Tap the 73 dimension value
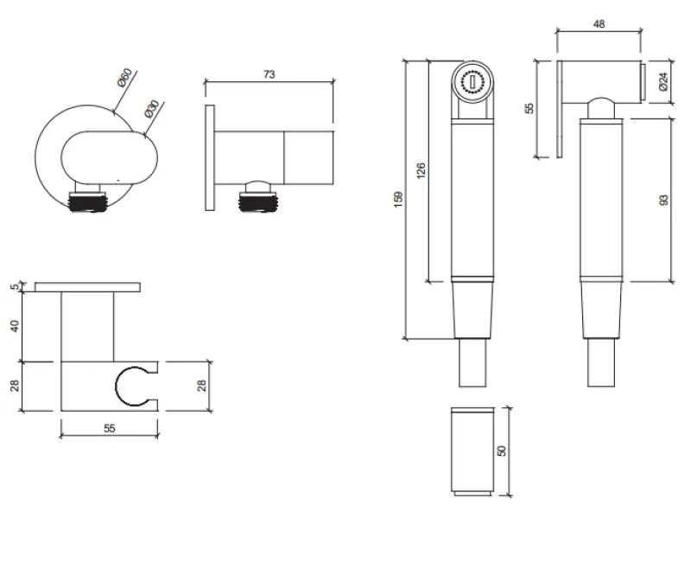[x=269, y=75]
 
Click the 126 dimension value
[x=422, y=171]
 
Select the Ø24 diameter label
[x=662, y=82]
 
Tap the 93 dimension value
[x=663, y=200]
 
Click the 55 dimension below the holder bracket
[x=109, y=428]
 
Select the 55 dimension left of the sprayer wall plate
[x=530, y=109]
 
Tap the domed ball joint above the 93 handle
[x=601, y=108]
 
